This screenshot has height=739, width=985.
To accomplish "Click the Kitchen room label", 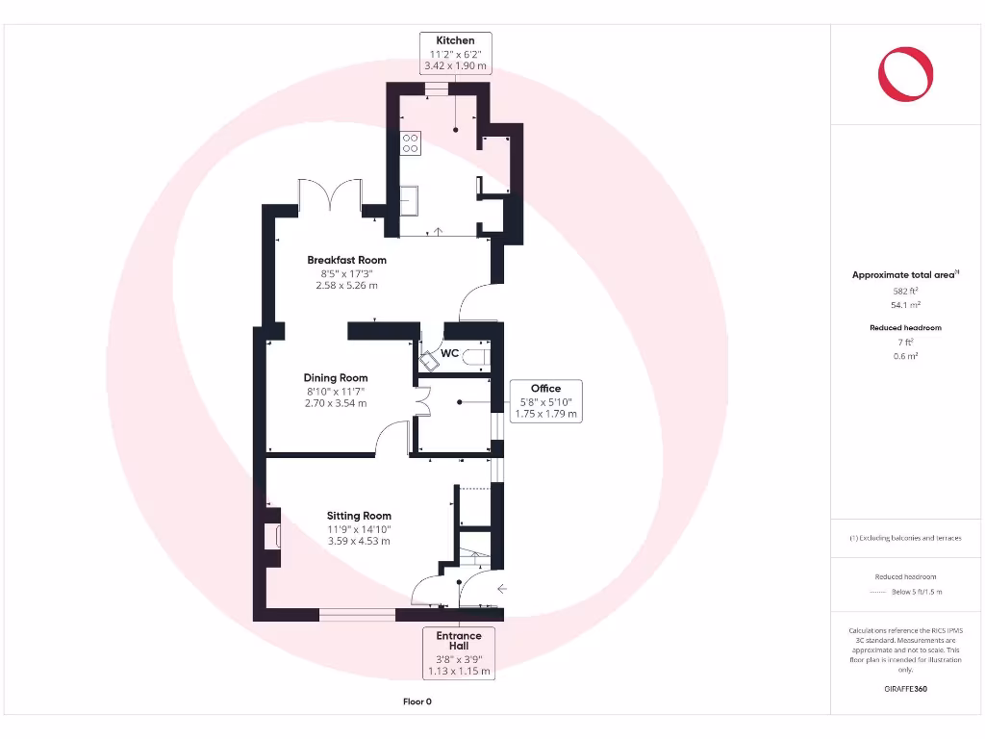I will pos(456,40).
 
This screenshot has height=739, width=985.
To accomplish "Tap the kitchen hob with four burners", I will pos(410,142).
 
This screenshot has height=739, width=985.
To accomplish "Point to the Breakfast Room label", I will pos(346,260).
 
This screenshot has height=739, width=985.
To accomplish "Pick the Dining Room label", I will pos(336,378).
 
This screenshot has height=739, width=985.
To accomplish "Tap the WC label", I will pos(449,353).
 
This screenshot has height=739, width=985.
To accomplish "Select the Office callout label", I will pos(545,389).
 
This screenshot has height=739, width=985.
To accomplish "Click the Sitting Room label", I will pos(358,516).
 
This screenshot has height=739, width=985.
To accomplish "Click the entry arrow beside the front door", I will pos(501,588).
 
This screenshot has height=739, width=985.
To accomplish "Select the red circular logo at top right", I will pos(906,75).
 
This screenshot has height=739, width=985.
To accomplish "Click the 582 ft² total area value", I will pos(906,290).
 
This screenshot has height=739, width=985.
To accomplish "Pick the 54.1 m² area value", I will pos(906,304).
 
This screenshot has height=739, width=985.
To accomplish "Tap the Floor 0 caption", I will pos(417,701).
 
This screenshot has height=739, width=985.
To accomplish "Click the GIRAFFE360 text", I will pos(906,689).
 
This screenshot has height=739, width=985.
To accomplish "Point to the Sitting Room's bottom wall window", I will pos(357,614).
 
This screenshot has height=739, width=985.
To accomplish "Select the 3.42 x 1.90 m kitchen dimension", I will pos(456,66).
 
